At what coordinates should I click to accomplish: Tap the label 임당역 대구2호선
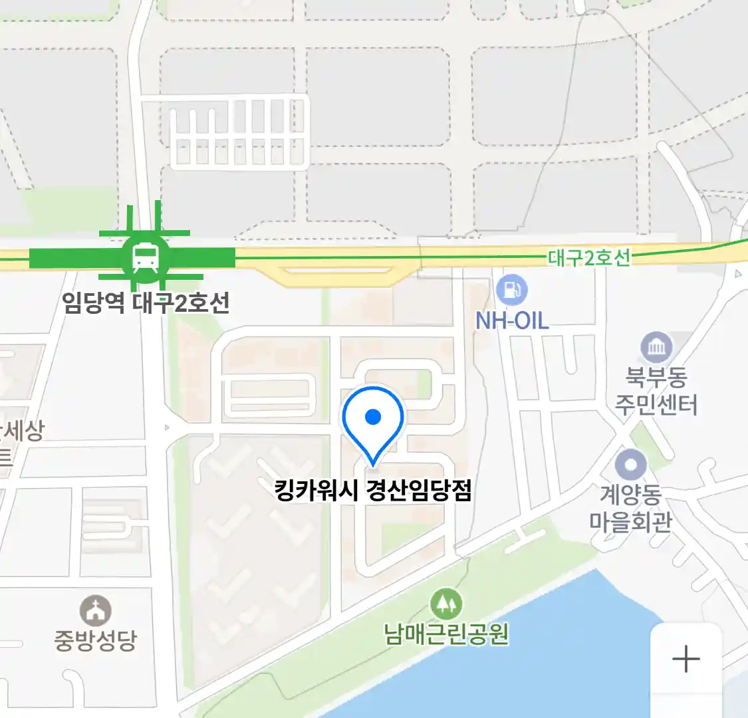146,302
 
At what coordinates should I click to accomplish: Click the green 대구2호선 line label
588,257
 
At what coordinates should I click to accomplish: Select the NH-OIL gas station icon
511,290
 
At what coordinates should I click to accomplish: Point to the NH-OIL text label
512,321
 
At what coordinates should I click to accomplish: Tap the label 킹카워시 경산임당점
373,491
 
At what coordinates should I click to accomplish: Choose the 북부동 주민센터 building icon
656,348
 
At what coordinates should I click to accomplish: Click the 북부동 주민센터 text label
656,391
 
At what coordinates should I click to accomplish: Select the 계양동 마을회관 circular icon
630,465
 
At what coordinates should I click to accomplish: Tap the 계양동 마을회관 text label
630,509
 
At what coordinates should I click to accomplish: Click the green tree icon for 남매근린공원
446,604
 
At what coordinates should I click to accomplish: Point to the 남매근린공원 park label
446,634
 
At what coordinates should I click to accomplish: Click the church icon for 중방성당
96,610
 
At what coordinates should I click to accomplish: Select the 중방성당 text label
96,640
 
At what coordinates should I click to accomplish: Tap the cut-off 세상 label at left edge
21,431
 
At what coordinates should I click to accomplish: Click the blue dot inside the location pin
373,417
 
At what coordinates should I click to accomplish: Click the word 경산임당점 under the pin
419,491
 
